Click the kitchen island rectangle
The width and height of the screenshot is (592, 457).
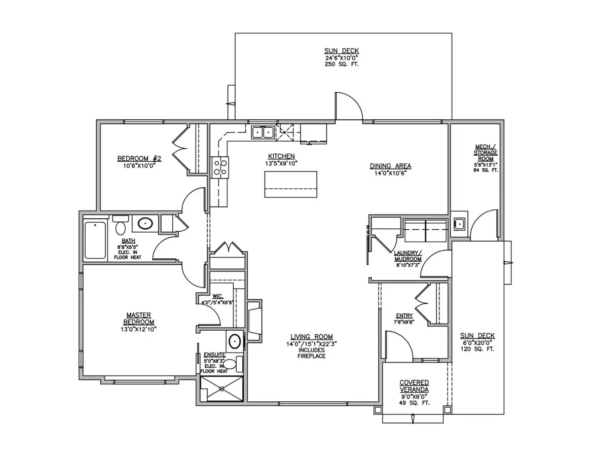click(x=291, y=184)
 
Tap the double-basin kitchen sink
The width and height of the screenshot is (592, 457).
click(x=262, y=133)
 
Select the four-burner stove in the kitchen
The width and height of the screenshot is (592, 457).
click(x=220, y=168)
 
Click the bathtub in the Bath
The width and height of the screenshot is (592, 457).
click(x=95, y=240)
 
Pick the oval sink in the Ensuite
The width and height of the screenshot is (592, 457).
click(x=234, y=342)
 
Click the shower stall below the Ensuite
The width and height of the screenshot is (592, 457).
click(x=222, y=388)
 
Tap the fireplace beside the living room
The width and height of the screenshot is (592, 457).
click(x=255, y=321)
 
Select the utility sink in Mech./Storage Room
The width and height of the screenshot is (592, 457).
click(x=459, y=224)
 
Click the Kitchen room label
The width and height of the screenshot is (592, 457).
click(x=281, y=156)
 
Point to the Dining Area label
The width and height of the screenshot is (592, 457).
click(x=390, y=166)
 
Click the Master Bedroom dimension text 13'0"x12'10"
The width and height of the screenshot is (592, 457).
click(x=139, y=329)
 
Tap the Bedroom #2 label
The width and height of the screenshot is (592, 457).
click(x=139, y=158)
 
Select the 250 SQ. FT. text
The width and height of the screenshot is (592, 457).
click(x=341, y=65)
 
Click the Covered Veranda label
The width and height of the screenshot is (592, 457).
click(x=414, y=386)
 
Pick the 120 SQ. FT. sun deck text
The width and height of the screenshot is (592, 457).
click(x=478, y=349)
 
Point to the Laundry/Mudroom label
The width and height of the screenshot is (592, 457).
click(x=408, y=256)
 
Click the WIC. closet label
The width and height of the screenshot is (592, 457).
click(x=218, y=296)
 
